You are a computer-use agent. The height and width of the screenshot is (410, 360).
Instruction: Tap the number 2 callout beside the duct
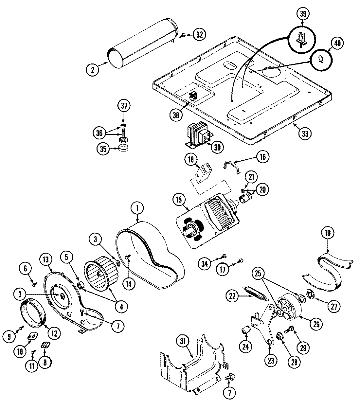point(93,69)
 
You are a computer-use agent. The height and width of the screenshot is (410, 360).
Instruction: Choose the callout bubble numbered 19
point(328,233)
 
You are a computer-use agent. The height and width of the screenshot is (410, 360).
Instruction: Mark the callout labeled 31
point(183,342)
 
